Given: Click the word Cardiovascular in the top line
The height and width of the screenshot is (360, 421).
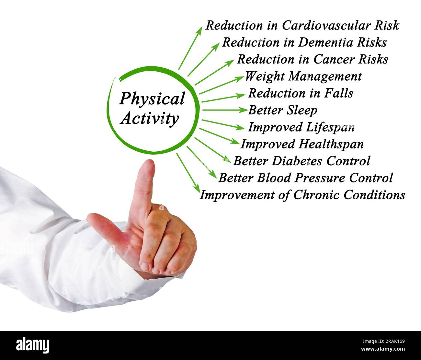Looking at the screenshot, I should coord(327,25).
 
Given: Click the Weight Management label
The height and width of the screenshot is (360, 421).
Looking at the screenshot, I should coord(303,76).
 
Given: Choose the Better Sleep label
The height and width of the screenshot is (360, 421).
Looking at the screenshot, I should coord(283,110).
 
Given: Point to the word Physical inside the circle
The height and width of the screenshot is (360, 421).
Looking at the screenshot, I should coord(152,99).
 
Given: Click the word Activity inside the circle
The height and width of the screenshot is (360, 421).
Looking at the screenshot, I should coord(149,118).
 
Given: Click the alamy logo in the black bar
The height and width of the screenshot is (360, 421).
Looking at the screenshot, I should coord(32,345).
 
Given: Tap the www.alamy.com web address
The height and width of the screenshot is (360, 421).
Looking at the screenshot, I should coord(382,349).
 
